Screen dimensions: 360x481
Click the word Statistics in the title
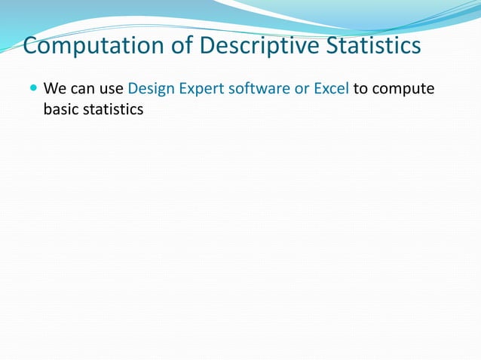[374, 47]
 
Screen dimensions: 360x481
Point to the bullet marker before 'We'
[32, 89]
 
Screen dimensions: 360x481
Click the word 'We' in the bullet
[54, 89]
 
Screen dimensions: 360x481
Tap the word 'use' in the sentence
[111, 89]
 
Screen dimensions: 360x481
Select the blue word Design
[150, 89]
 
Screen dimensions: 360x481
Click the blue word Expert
[198, 89]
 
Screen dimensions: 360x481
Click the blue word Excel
[331, 89]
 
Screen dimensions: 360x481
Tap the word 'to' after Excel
[360, 89]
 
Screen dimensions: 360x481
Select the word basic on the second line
[61, 109]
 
